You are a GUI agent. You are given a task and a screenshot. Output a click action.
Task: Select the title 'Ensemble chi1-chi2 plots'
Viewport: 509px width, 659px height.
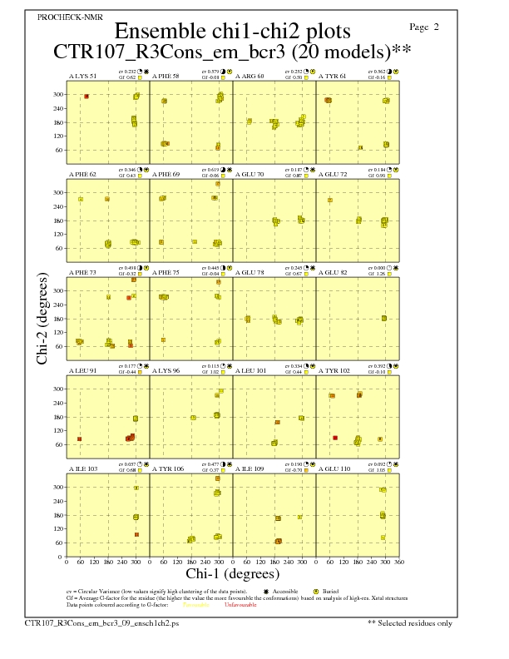point(233,32)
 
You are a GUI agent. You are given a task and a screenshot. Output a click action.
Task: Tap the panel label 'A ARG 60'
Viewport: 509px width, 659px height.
point(250,77)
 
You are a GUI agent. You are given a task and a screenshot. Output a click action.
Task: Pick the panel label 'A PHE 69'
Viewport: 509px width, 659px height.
point(166,175)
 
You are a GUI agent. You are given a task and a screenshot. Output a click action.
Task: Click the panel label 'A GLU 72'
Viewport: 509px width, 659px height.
point(333,175)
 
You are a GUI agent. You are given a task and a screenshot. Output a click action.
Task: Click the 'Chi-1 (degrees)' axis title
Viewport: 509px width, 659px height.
point(233,574)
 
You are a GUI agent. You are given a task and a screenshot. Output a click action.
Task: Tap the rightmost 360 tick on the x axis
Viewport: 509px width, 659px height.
point(399,563)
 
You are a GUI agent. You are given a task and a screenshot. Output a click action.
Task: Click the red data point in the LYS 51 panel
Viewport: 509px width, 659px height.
point(86,97)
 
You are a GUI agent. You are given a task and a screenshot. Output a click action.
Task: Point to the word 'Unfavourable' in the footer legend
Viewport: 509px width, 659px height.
point(240,605)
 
